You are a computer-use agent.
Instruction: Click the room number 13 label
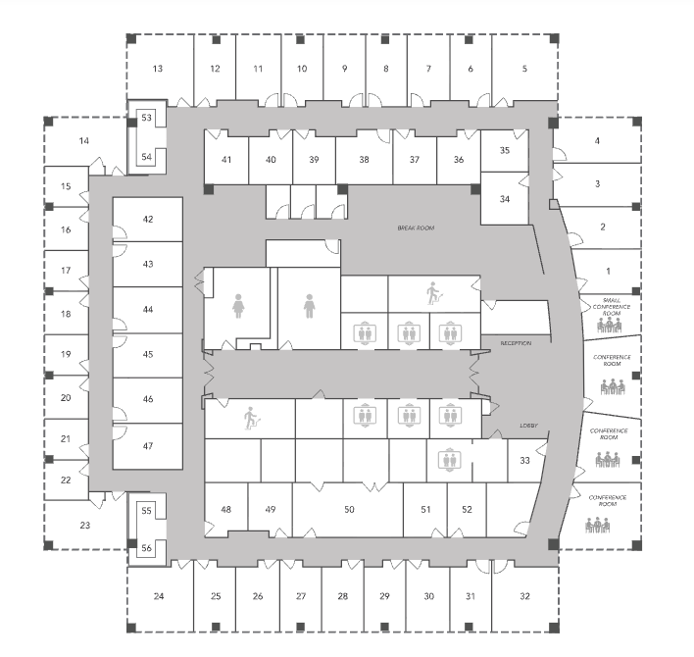click(x=157, y=69)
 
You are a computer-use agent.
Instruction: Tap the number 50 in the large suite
click(x=348, y=509)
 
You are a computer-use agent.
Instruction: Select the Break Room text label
click(x=415, y=227)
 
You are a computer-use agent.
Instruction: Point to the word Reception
click(x=516, y=343)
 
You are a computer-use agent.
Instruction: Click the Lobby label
click(x=530, y=427)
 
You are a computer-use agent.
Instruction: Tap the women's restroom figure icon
click(x=238, y=307)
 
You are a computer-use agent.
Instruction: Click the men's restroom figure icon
click(x=310, y=307)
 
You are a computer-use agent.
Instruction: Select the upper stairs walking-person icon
click(x=433, y=291)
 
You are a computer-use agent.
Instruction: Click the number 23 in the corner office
click(x=85, y=526)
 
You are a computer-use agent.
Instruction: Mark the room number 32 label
click(x=524, y=596)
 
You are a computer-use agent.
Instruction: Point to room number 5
click(x=524, y=69)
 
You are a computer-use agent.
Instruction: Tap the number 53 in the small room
click(x=147, y=117)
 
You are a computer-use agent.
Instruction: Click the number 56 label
click(x=147, y=547)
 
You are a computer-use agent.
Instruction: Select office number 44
click(x=148, y=309)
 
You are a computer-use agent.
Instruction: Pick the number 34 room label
click(x=505, y=199)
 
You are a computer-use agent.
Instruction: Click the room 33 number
click(x=524, y=460)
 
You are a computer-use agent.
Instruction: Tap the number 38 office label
click(x=364, y=160)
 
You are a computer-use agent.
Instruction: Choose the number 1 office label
click(x=608, y=270)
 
